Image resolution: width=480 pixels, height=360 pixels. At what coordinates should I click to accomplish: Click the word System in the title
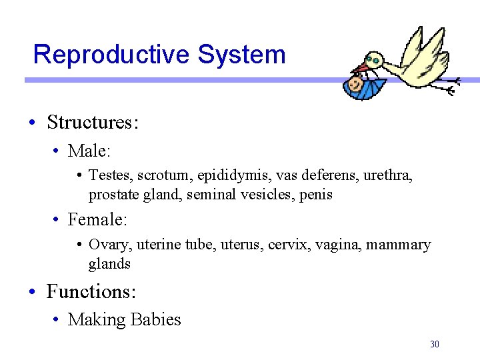coord(241,55)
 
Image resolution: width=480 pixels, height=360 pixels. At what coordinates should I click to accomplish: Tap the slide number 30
coord(435,345)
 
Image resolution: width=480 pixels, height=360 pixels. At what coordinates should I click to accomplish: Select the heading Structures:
coord(93,123)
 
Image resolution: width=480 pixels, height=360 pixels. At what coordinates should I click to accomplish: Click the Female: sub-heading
coord(97,219)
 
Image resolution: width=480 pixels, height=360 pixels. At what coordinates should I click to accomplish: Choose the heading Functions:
coord(91,292)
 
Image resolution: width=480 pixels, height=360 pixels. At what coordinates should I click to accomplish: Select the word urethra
coord(388,176)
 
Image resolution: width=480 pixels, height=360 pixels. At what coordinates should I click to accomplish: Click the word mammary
coord(398,245)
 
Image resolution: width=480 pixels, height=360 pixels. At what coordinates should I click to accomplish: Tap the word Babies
coord(155,320)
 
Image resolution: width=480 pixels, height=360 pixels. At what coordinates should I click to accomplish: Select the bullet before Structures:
coord(32,123)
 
